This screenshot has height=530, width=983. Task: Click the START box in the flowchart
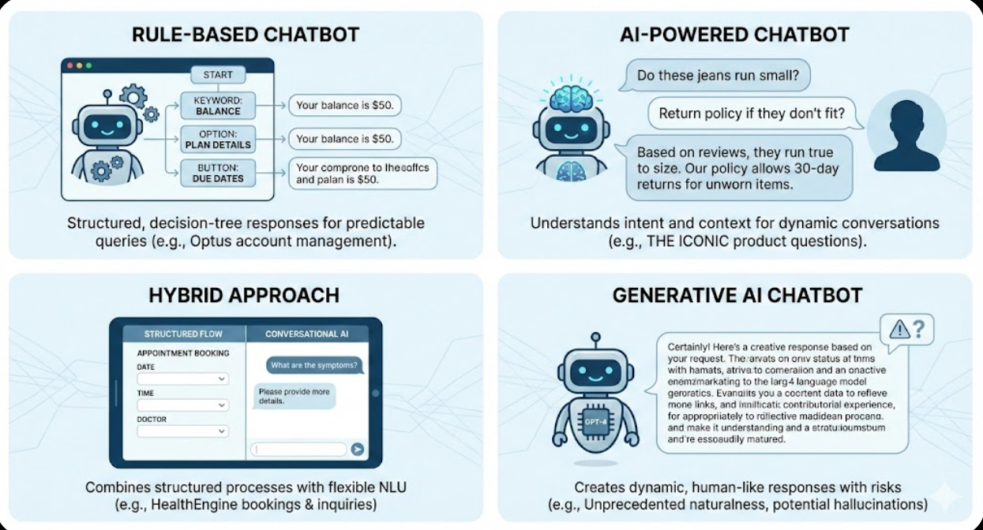click(x=218, y=75)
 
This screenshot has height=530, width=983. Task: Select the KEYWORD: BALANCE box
click(x=217, y=106)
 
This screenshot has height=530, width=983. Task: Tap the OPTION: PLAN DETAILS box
click(x=217, y=139)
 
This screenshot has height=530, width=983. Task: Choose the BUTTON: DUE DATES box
click(x=217, y=173)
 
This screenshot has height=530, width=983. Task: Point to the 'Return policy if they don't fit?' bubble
click(x=751, y=114)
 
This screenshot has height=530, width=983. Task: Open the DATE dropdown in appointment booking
click(x=182, y=379)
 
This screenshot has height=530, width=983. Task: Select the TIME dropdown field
click(x=182, y=405)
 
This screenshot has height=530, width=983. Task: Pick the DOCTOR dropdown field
click(x=182, y=431)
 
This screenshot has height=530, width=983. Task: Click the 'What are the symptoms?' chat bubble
click(x=313, y=365)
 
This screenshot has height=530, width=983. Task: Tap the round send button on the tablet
click(x=358, y=449)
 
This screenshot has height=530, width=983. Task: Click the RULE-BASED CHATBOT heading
click(x=246, y=35)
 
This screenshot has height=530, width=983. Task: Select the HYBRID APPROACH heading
click(x=244, y=296)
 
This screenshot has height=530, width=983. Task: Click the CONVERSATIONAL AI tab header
click(x=306, y=334)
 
